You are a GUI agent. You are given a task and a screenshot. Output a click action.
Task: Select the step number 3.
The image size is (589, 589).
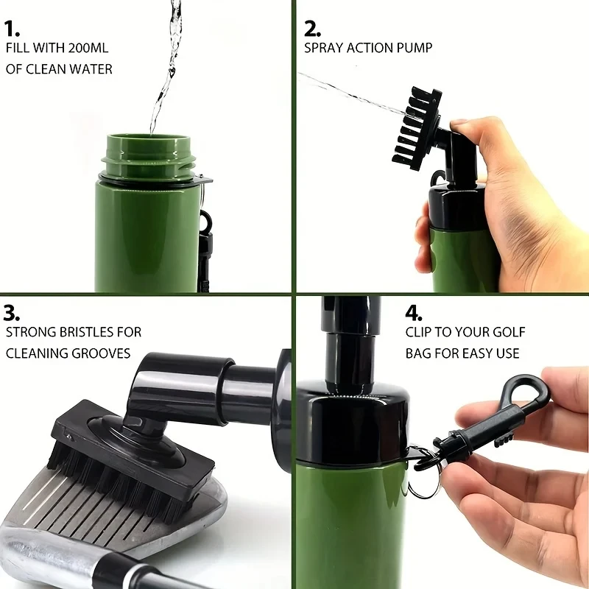[12, 312]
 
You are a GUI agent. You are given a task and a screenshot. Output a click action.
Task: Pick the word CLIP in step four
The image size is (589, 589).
[420, 333]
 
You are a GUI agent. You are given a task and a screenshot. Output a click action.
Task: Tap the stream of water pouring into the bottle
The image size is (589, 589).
[166, 66]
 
